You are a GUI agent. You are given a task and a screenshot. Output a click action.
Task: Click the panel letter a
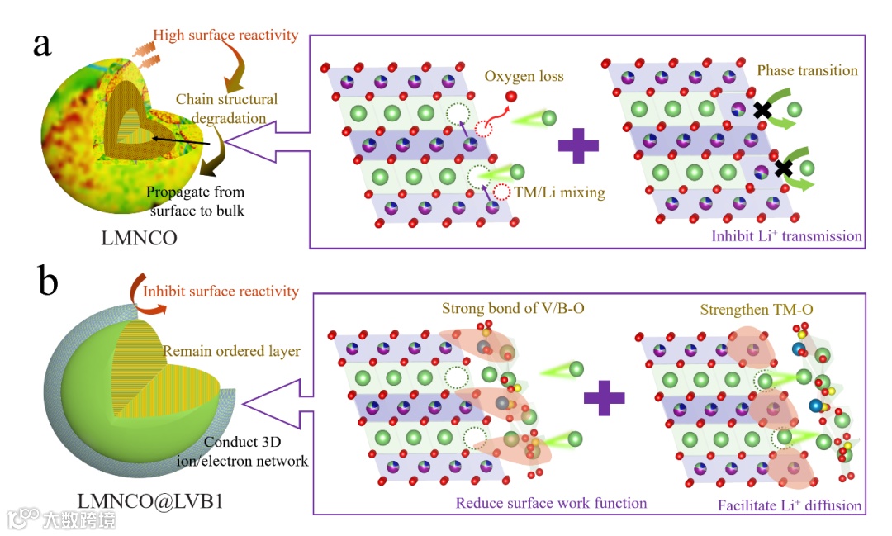(x=42, y=45)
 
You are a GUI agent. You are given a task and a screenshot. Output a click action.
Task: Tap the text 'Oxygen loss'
(x=524, y=76)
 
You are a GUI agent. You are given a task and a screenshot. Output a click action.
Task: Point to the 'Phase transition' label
(x=807, y=70)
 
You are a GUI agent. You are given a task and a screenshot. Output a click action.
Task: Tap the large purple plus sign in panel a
(x=577, y=145)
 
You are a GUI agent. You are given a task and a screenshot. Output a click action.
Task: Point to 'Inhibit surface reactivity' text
(x=221, y=291)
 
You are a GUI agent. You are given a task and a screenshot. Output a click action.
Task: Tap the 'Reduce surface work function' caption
(x=551, y=502)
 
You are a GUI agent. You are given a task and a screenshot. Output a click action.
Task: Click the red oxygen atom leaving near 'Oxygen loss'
(x=511, y=97)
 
